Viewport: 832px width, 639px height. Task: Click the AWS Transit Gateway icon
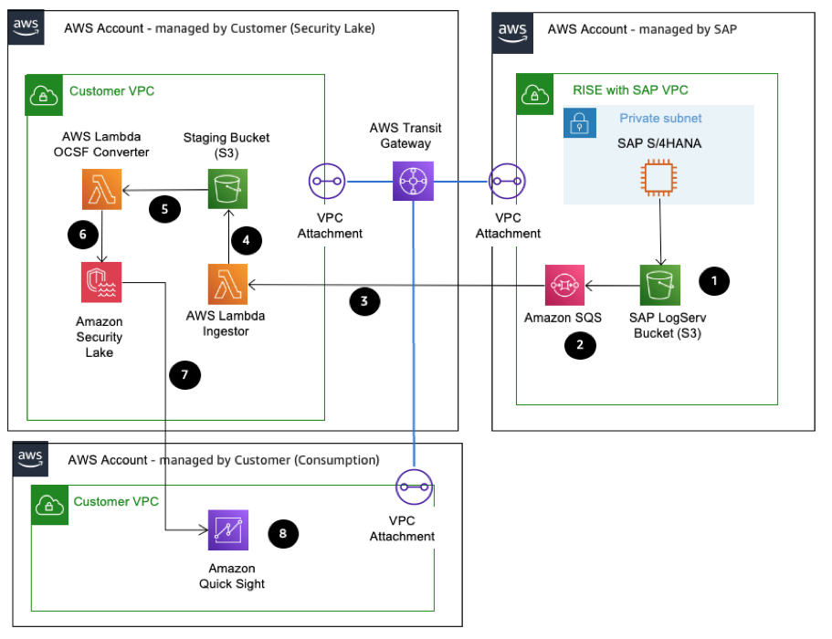click(414, 181)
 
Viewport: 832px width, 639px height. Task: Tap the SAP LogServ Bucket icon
click(659, 285)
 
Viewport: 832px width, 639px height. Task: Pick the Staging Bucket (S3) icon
click(227, 190)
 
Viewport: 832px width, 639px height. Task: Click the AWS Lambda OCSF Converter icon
click(101, 190)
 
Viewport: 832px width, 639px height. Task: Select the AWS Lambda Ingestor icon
click(227, 285)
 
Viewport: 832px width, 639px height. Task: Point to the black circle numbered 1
click(713, 282)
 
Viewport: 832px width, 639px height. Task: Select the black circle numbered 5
click(164, 208)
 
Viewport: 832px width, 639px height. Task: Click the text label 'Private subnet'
click(661, 119)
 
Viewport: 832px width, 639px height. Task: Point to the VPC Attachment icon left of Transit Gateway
click(328, 181)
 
